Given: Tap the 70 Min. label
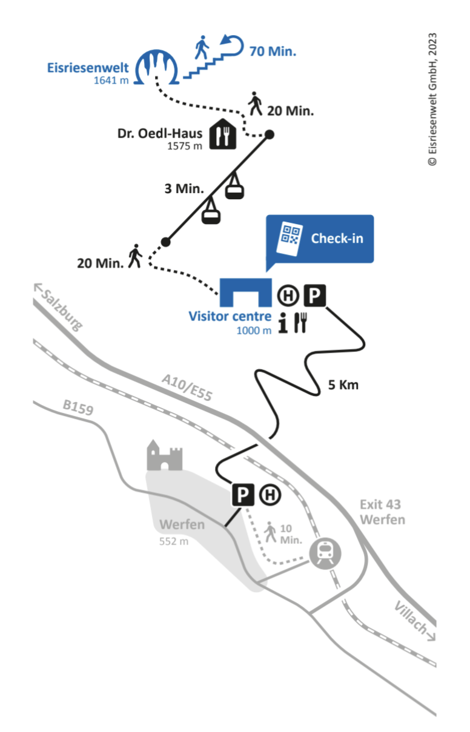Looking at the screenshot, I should click(273, 51).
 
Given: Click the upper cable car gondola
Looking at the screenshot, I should click(235, 188).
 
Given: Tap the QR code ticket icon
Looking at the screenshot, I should click(290, 238).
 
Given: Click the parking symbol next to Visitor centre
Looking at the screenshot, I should click(314, 296).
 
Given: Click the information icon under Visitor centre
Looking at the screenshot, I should click(282, 323).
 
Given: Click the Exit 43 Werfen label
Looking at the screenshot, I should click(380, 512).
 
